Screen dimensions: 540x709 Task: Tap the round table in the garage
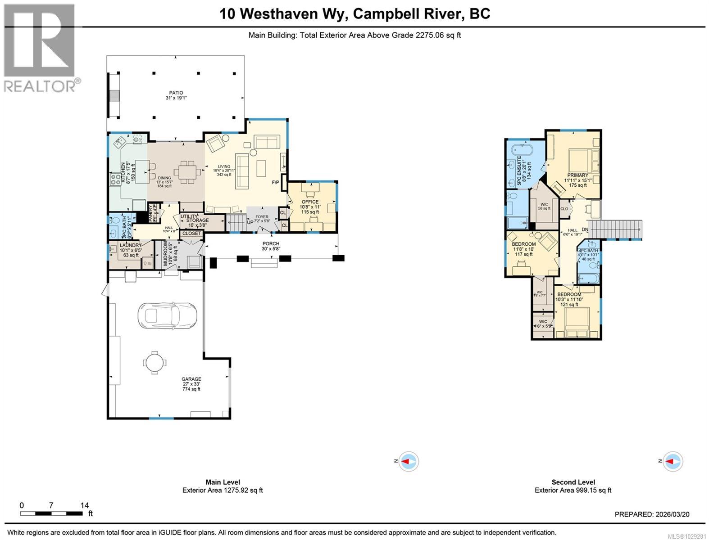point(155,363)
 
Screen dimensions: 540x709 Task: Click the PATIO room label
point(176,93)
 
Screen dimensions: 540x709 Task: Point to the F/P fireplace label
point(276,182)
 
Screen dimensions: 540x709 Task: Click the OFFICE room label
point(310,202)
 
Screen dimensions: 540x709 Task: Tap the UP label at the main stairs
point(250,222)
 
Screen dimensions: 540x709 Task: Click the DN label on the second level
point(585,229)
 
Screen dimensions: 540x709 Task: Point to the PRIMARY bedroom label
point(577,175)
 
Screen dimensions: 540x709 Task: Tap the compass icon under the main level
point(408,462)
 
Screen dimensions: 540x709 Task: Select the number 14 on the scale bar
point(84,505)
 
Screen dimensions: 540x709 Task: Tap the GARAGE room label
point(191,379)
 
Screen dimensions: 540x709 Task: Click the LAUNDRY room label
point(131,245)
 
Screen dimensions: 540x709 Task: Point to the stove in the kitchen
point(116,180)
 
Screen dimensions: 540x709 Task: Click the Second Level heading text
point(573,482)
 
